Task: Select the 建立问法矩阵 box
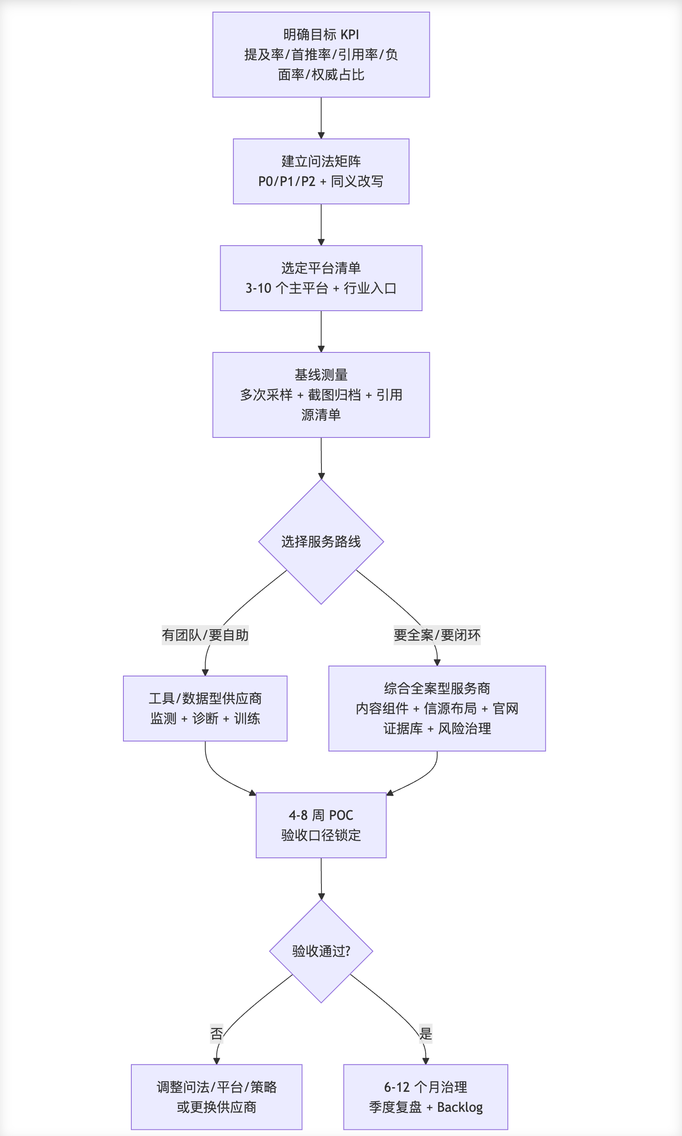(x=321, y=171)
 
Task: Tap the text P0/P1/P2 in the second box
(x=287, y=181)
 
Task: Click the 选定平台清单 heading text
(x=321, y=268)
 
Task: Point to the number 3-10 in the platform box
(x=258, y=288)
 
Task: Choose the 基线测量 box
(x=321, y=395)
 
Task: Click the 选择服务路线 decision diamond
(x=321, y=542)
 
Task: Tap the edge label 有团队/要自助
(x=205, y=635)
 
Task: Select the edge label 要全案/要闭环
(x=437, y=635)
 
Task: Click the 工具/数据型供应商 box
(x=205, y=708)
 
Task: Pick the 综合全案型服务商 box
(x=437, y=708)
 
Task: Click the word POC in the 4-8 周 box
(x=341, y=815)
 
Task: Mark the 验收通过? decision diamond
(x=321, y=951)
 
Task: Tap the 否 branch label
(x=216, y=1034)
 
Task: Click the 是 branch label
(x=426, y=1034)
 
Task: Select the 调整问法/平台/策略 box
(x=216, y=1097)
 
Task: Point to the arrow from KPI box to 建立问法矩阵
(x=321, y=118)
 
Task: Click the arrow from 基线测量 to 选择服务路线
(x=321, y=458)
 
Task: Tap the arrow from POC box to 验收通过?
(x=321, y=878)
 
